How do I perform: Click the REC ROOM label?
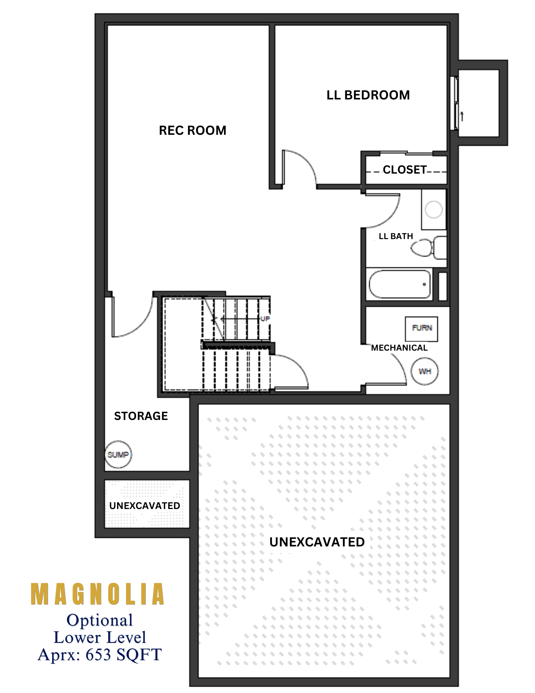tap(193, 131)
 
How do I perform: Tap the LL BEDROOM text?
tap(368, 95)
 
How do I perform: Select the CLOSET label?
tap(405, 169)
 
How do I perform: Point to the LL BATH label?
tap(396, 236)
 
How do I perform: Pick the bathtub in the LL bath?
tap(400, 284)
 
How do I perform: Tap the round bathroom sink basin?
tap(434, 210)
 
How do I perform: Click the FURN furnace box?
tap(421, 328)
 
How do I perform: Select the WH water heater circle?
tap(425, 371)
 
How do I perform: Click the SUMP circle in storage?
tap(118, 454)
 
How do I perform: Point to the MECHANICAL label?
tap(399, 348)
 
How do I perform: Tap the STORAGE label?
tap(141, 416)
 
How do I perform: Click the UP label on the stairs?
tap(265, 319)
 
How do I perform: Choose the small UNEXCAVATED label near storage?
tap(145, 506)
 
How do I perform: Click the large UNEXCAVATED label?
tap(317, 542)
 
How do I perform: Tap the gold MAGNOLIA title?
tap(98, 594)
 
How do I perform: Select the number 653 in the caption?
tap(99, 655)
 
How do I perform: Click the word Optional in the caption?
tap(100, 620)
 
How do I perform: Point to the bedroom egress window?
tap(454, 104)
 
